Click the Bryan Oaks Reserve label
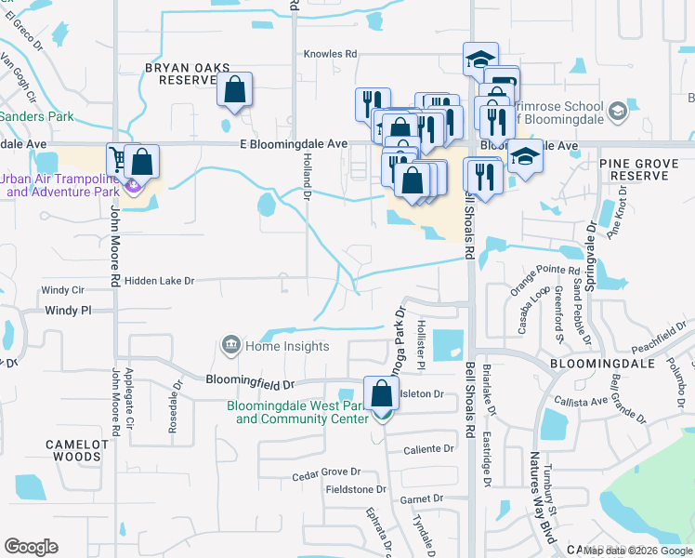tap(180, 73)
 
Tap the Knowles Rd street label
tap(331, 55)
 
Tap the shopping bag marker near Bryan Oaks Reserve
tap(236, 90)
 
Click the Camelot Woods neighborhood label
tap(73, 450)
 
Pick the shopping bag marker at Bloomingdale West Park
tap(381, 393)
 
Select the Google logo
tap(31, 547)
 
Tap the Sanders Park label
tap(34, 117)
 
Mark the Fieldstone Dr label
tap(355, 489)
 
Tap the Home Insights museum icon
tap(229, 346)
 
